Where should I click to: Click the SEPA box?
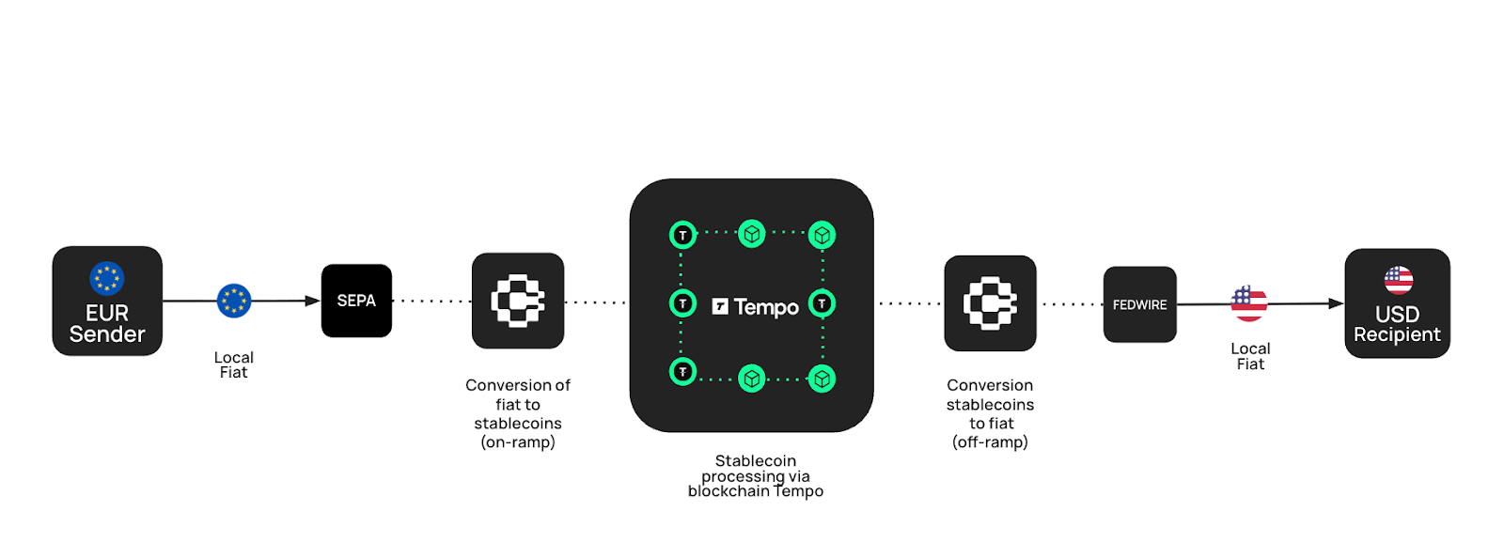click(x=356, y=301)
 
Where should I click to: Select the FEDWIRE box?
click(x=1139, y=304)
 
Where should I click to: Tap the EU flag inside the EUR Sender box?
click(x=107, y=278)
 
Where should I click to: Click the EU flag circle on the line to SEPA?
click(x=234, y=301)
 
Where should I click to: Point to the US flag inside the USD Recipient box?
click(x=1398, y=280)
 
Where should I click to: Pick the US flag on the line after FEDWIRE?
click(x=1249, y=303)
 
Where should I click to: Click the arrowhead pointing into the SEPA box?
click(x=313, y=301)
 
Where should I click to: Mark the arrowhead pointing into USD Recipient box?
click(x=1336, y=303)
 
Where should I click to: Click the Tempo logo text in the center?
click(x=756, y=307)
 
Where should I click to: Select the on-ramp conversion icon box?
click(x=518, y=301)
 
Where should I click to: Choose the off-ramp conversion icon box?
click(x=990, y=303)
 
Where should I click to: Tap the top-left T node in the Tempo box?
click(x=682, y=235)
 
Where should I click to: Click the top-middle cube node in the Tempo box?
click(x=752, y=233)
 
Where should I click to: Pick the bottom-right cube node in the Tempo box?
click(x=822, y=379)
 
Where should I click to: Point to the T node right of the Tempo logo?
click(x=822, y=303)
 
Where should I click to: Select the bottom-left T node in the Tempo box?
click(x=682, y=372)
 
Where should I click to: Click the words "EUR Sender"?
click(x=107, y=324)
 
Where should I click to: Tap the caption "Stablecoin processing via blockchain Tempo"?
click(x=756, y=476)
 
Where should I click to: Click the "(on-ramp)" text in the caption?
click(x=518, y=442)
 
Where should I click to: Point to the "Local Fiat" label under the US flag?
click(x=1250, y=356)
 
